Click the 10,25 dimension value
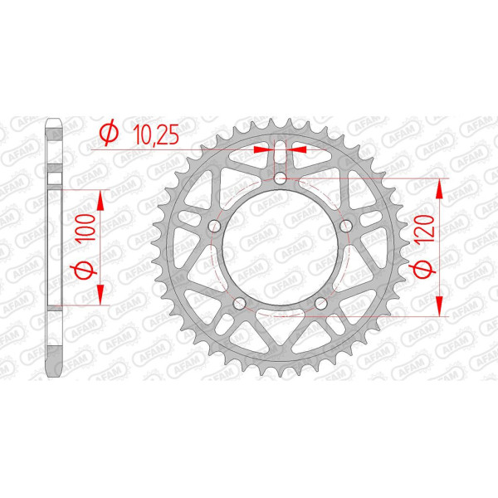pos(156,134)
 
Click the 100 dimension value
pos(85,227)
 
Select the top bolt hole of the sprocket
pos(280,178)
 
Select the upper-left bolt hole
pos(214,226)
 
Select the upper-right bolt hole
pos(346,226)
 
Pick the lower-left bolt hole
pos(240,303)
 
